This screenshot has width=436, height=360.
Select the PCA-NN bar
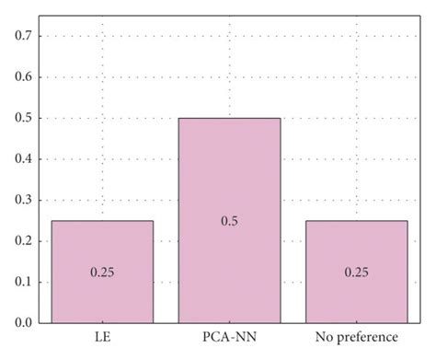tap(229, 221)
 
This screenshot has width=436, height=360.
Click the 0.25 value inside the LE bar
tap(102, 273)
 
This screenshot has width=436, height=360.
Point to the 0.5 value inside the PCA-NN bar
tap(229, 221)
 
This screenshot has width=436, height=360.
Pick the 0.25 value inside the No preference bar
tap(356, 273)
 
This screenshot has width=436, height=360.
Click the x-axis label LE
tap(102, 338)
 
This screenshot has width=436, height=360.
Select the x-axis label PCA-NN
tap(229, 338)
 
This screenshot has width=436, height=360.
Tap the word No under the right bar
tap(323, 338)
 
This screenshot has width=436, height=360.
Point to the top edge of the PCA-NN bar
tap(229, 118)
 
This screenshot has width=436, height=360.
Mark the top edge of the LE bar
tap(102, 221)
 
